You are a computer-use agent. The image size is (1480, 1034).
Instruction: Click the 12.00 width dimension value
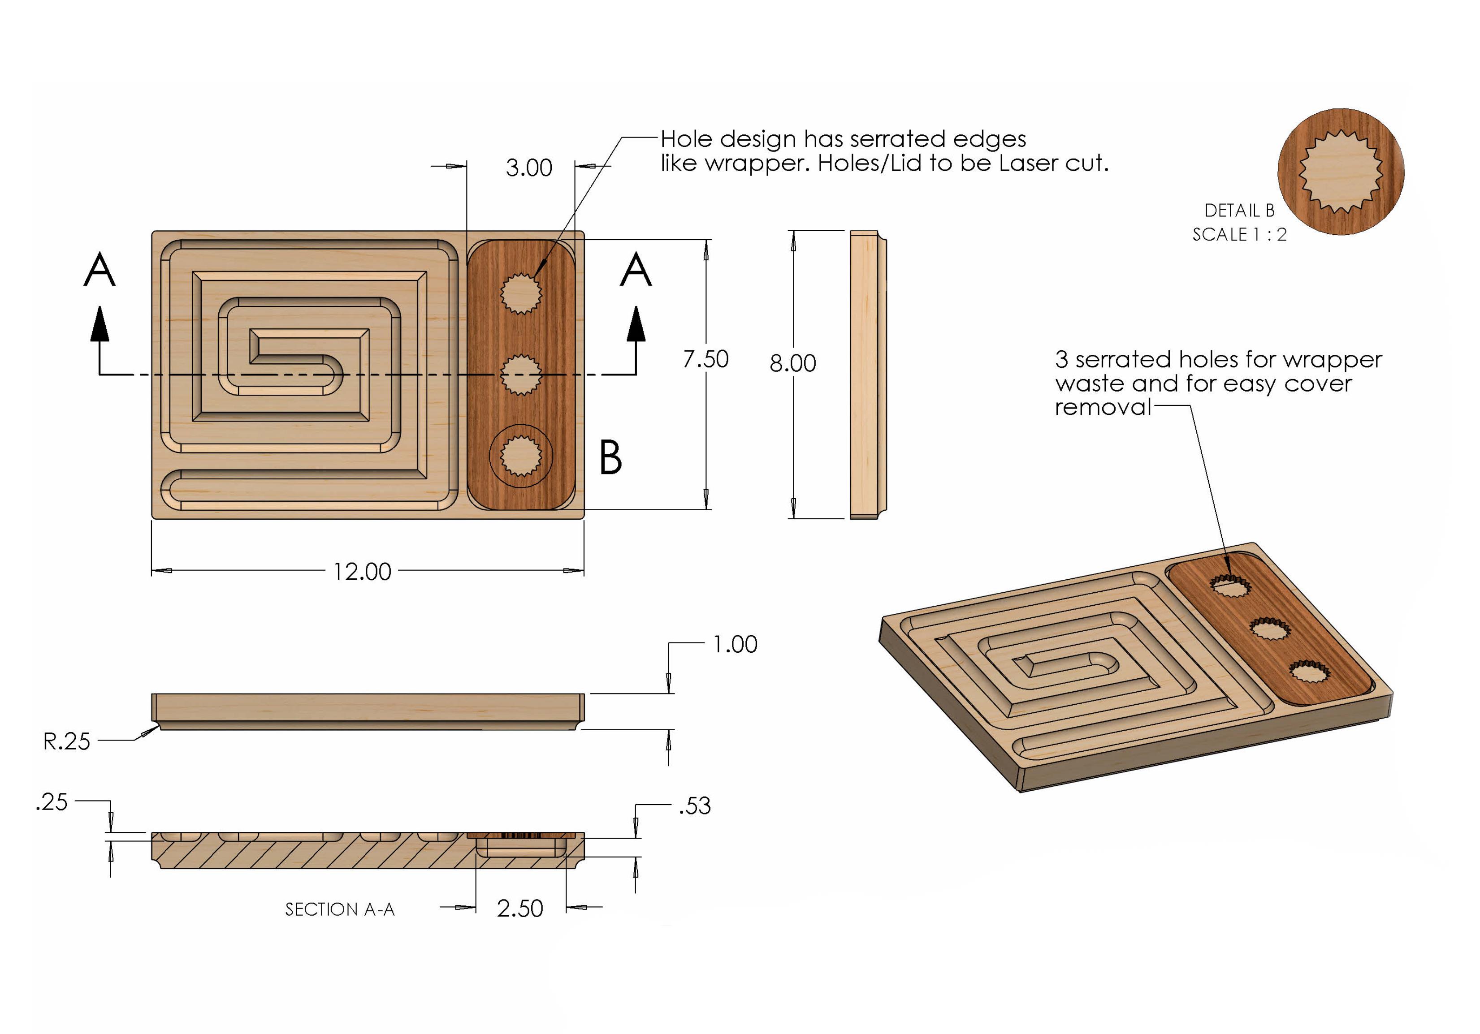coord(362,572)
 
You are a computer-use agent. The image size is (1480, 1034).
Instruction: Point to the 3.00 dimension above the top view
coord(528,168)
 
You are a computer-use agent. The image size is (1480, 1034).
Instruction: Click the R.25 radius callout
coord(66,741)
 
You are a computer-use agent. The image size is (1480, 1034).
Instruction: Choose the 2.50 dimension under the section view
coord(519,909)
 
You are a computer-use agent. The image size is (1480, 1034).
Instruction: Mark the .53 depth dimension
coord(694,806)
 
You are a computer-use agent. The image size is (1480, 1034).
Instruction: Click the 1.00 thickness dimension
coord(734,644)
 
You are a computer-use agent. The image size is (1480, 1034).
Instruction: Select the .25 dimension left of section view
coord(52,802)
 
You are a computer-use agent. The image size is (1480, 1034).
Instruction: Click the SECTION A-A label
coord(340,909)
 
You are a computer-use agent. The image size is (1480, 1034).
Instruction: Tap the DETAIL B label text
coord(1239,211)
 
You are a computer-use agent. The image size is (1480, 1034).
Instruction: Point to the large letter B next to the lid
coord(610,457)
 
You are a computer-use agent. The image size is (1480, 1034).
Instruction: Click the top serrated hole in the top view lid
coord(520,293)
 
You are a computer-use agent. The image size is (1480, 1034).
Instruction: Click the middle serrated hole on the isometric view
coord(1269,628)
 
